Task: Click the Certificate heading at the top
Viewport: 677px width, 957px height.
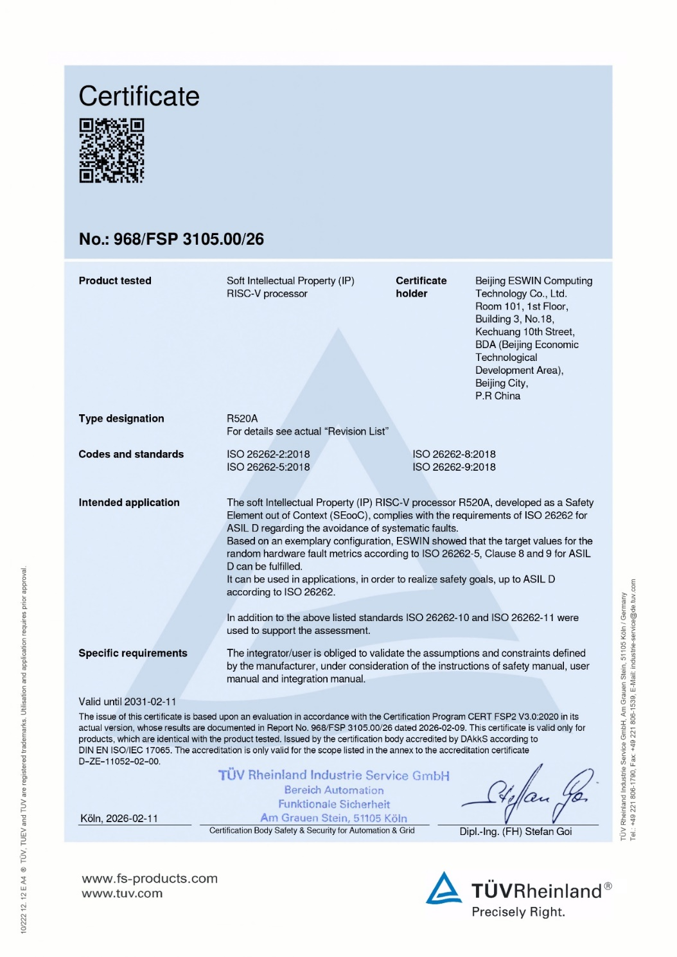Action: point(139,96)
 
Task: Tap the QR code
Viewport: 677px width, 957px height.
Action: point(112,150)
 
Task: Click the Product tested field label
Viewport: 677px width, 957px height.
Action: point(115,281)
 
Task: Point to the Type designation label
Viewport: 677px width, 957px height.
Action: point(121,419)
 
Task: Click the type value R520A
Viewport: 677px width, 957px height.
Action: point(242,419)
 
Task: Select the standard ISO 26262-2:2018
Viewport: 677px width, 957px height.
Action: point(268,454)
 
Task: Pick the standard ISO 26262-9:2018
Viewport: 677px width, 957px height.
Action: point(453,467)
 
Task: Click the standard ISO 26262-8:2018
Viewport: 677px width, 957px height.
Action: point(453,454)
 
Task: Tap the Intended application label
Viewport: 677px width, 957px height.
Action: point(129,502)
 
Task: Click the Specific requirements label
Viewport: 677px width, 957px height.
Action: point(133,653)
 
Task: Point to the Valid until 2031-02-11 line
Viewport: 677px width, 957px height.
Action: point(127,701)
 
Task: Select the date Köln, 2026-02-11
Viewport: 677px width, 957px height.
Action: point(119,818)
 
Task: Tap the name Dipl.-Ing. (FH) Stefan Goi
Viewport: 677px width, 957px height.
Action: point(515,831)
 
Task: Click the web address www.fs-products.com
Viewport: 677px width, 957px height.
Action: point(150,878)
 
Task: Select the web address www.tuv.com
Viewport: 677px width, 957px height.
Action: point(122,893)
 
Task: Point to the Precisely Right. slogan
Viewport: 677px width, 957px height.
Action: point(518,911)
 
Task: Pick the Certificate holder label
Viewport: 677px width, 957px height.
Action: point(421,287)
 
